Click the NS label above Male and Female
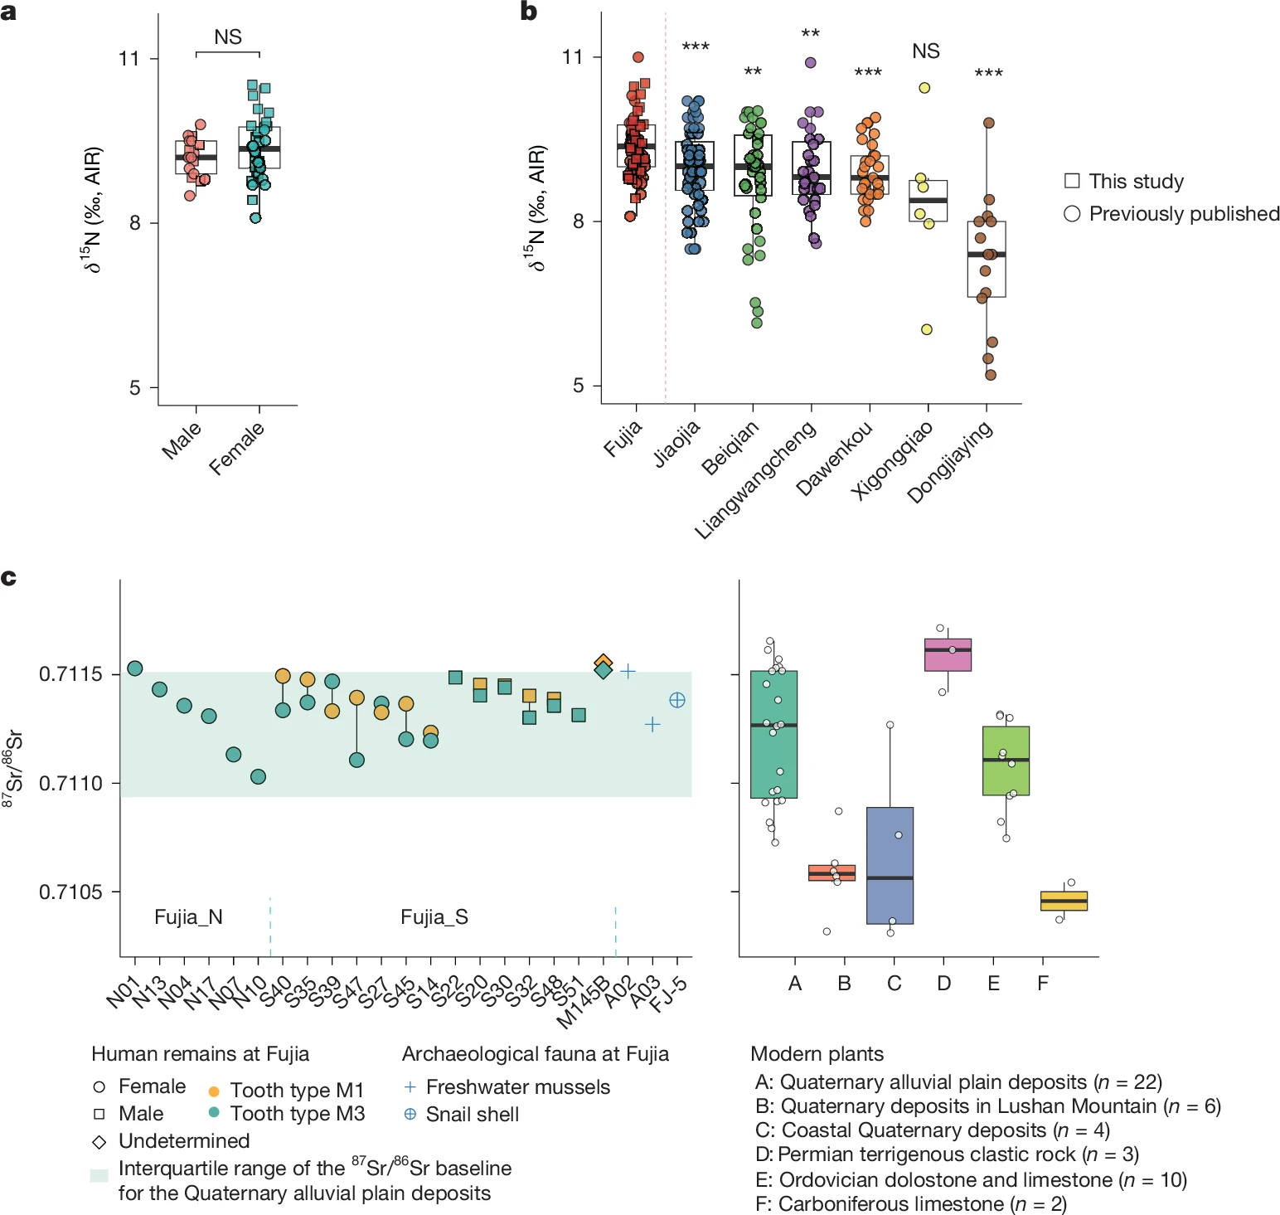[x=228, y=37]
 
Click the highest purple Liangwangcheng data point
[x=811, y=62]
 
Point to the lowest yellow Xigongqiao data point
[x=927, y=329]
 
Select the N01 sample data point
[x=135, y=668]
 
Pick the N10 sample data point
[x=258, y=776]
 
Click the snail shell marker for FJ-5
[x=677, y=700]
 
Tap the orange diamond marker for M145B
[x=604, y=662]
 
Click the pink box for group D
[x=948, y=654]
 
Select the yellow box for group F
[x=1064, y=901]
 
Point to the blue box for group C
[x=890, y=865]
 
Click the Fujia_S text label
[x=434, y=916]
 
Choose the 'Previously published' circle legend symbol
[x=1072, y=214]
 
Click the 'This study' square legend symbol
[x=1072, y=181]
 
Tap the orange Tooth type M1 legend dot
[x=214, y=1091]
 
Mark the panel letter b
[x=529, y=12]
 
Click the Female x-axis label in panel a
[x=237, y=448]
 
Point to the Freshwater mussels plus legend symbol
[x=410, y=1086]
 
